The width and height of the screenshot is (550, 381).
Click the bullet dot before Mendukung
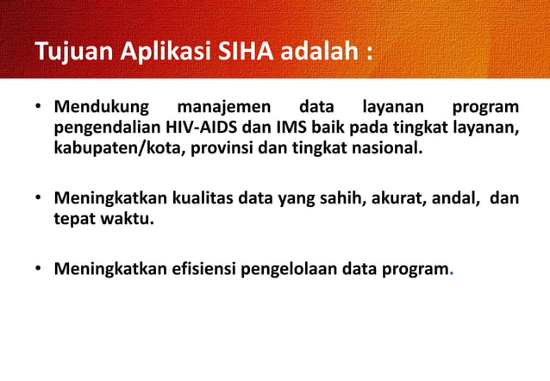tap(39, 109)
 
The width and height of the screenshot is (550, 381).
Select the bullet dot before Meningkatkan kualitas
tap(39, 198)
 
